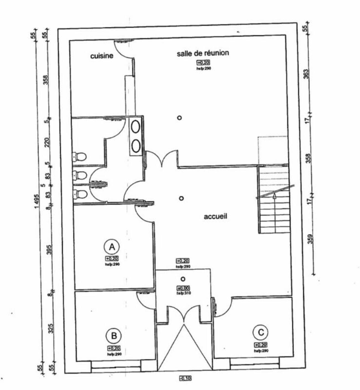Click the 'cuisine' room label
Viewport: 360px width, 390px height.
coord(102,56)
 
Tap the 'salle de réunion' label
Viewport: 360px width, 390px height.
coord(203,53)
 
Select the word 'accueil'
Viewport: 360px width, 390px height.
coord(215,216)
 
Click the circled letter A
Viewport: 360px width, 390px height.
coord(112,247)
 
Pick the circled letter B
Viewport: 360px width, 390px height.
coord(114,336)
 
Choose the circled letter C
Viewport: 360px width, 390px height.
coord(261,332)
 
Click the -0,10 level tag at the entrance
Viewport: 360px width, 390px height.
coord(185,378)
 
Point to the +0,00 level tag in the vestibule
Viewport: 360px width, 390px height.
coord(183,288)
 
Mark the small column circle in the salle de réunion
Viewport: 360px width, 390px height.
coord(179,118)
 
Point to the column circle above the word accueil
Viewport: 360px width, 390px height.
coord(181,198)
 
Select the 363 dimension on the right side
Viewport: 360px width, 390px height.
coord(306,74)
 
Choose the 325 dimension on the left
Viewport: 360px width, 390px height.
coord(51,329)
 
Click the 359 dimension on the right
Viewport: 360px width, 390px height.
coord(310,239)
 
